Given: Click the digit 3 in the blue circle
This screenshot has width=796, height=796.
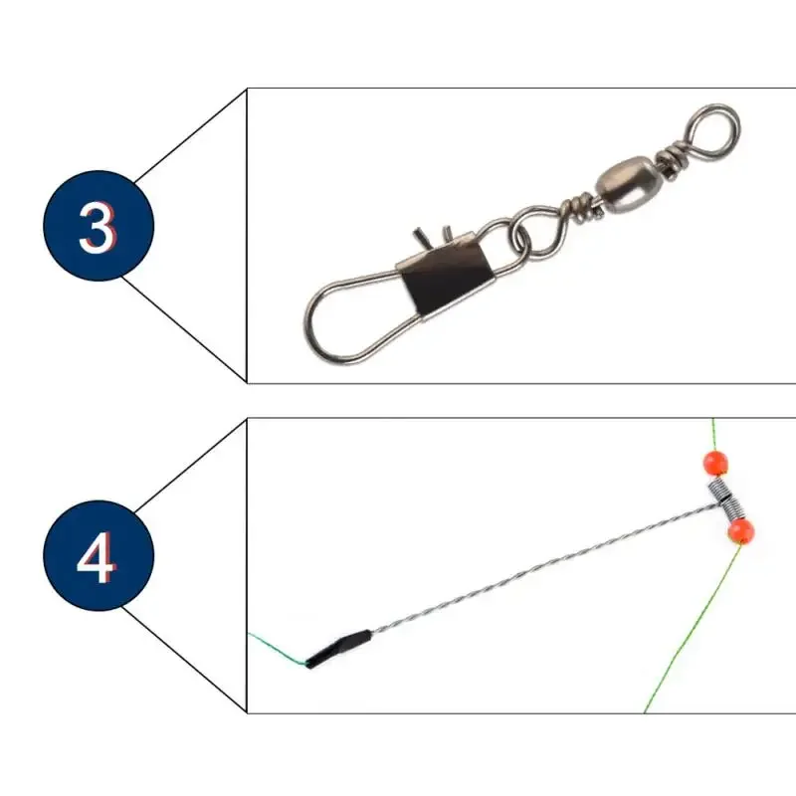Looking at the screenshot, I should pos(98,227).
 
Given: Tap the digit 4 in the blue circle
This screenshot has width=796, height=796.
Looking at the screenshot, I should pos(98,560).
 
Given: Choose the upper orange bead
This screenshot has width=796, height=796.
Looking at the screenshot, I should pos(715,463).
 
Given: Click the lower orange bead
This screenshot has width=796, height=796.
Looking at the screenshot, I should pos(740,531).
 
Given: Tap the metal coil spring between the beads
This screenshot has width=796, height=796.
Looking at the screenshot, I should pos(727,497).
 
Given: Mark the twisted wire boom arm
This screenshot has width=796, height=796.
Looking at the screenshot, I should pos(537,571).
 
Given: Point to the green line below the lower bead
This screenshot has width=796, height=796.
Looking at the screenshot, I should pos(687,637).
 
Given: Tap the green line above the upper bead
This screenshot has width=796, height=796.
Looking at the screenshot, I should pos(713,433).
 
